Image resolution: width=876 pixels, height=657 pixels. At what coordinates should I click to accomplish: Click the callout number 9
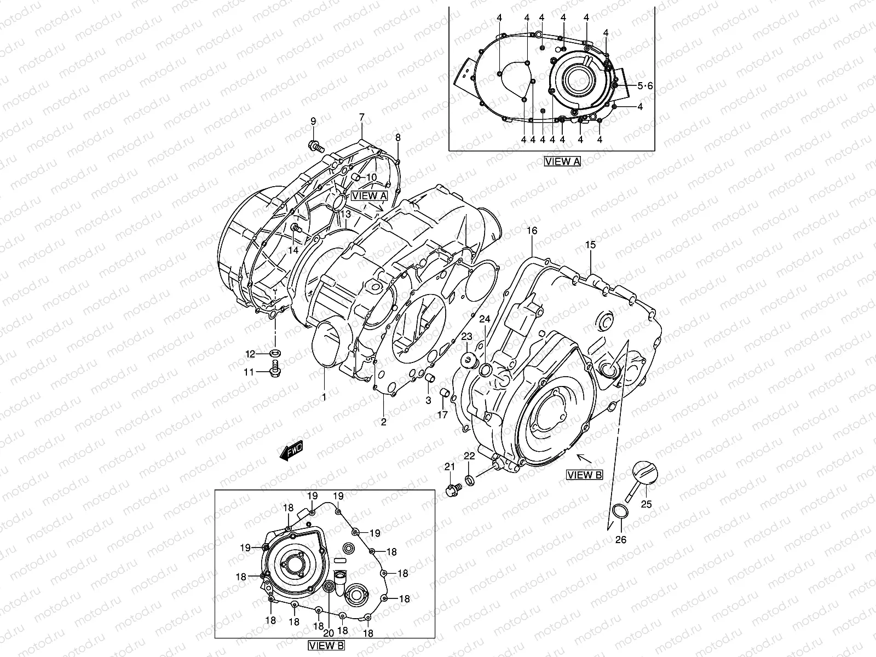314,121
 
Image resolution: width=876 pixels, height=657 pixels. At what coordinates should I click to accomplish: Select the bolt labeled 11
275,369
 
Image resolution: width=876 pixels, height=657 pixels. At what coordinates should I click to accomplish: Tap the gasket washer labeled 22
470,480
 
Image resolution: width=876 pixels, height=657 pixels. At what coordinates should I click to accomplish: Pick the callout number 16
532,231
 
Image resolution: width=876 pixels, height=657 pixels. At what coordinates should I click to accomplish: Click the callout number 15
590,245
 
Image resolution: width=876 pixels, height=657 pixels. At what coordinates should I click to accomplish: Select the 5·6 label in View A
646,85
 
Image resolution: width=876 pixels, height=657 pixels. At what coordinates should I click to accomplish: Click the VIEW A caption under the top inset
562,161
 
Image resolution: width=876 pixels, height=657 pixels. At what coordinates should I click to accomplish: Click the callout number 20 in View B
328,632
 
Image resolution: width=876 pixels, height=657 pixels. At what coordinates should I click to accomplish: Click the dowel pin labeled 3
431,378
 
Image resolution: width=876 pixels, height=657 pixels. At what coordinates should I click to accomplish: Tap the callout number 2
383,422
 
